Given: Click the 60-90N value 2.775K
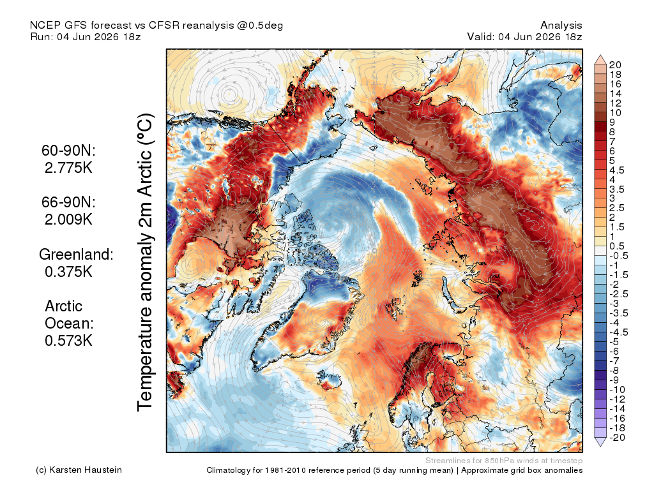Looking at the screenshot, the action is pos(68,168).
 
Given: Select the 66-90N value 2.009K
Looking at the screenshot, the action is pos(68,219).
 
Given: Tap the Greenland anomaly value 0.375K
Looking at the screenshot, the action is pos(68,272).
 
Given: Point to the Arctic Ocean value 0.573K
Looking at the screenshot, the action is pos(68,341).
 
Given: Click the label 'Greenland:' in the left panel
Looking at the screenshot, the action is pos(76,254).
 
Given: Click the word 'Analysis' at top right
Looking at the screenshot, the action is pos(561,26).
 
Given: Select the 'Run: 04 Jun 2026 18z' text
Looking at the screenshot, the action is pos(86,36).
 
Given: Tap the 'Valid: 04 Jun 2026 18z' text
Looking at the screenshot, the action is pos(524,36).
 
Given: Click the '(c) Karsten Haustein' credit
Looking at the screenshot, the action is pos(79,470).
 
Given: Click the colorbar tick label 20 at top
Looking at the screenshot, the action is pos(615,65).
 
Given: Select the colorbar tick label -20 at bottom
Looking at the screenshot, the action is pos(617,438).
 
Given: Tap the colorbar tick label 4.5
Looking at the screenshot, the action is pos(617,170).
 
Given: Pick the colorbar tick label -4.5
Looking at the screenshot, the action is pos(618,332).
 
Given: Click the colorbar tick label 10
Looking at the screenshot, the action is pos(615,113).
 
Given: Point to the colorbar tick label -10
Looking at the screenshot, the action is pos(617,390).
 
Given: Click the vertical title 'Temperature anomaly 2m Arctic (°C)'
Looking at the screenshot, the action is pos(145,262).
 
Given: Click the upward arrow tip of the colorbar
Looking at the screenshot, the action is pos(600,55).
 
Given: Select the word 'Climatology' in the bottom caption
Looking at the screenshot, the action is pos(228,470).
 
